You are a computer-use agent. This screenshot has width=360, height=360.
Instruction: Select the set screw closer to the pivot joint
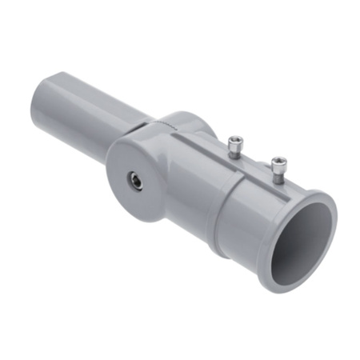(x=234, y=146)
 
